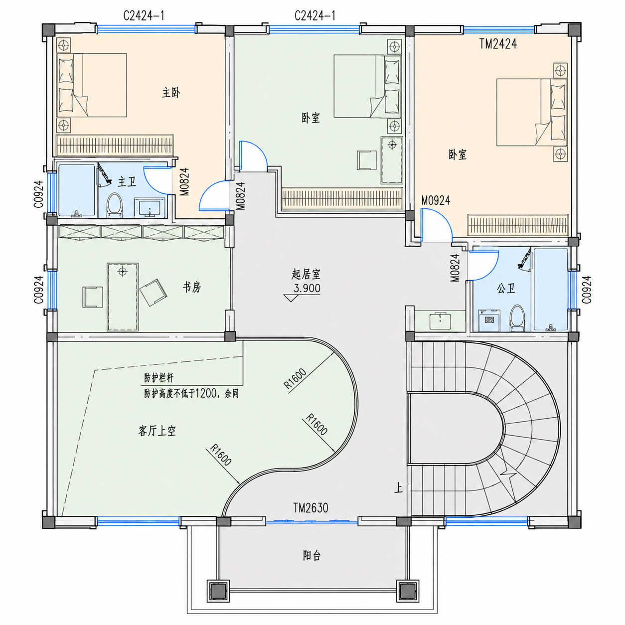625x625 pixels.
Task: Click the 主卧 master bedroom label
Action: coord(171,93)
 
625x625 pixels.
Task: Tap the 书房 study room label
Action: coord(192,287)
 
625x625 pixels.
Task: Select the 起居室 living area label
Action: coord(306,275)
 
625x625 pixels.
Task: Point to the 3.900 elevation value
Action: coord(307,288)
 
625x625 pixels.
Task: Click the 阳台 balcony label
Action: coord(312,555)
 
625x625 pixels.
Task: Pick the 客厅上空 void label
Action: coord(157,431)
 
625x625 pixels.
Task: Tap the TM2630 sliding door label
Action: coord(311,508)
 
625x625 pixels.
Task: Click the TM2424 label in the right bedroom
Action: coord(498,44)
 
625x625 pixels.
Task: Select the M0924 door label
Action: coord(436,200)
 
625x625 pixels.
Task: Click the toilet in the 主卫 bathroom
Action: coord(114,204)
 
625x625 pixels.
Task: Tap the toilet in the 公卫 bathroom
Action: coord(517,318)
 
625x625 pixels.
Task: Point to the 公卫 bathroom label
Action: coord(506,288)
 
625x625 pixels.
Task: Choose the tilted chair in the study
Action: coord(154,292)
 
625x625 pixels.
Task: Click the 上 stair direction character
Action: coord(398,488)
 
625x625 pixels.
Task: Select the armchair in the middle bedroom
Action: coord(367,159)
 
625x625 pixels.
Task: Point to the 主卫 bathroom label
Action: coord(127,181)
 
